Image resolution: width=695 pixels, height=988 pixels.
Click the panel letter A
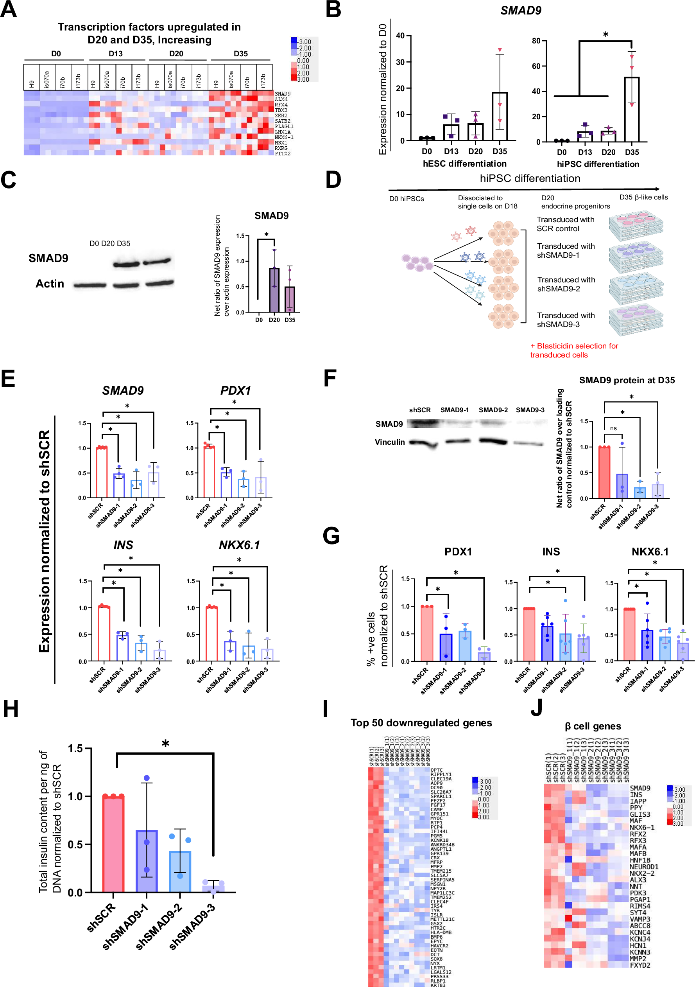click(9, 9)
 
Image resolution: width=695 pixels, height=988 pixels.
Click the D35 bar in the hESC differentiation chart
click(499, 116)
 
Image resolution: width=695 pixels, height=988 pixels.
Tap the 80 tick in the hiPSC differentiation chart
click(536, 41)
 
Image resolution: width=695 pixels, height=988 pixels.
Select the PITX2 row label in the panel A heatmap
click(283, 154)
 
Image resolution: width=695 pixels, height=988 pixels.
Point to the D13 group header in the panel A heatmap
click(115, 54)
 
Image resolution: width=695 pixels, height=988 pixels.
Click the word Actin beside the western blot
click(50, 284)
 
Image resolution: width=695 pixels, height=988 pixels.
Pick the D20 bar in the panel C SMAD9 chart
click(274, 289)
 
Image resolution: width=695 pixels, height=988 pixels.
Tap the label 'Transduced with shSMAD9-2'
click(566, 284)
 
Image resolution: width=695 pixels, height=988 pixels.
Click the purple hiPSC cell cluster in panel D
click(417, 262)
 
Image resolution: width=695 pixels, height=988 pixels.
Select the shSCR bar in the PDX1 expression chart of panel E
click(209, 472)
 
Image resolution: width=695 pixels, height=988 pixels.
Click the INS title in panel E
click(123, 545)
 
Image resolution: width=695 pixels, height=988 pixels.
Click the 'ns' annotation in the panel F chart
click(613, 428)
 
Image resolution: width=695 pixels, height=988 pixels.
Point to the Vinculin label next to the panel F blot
click(389, 442)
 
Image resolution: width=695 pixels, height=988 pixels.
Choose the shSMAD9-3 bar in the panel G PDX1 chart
click(484, 656)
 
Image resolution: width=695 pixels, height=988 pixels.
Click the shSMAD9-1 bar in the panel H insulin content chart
click(147, 860)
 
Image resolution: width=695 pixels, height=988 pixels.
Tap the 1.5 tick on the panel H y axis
click(76, 749)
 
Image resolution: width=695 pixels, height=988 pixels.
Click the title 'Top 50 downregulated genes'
click(421, 723)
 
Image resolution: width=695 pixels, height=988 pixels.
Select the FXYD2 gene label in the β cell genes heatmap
click(639, 965)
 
